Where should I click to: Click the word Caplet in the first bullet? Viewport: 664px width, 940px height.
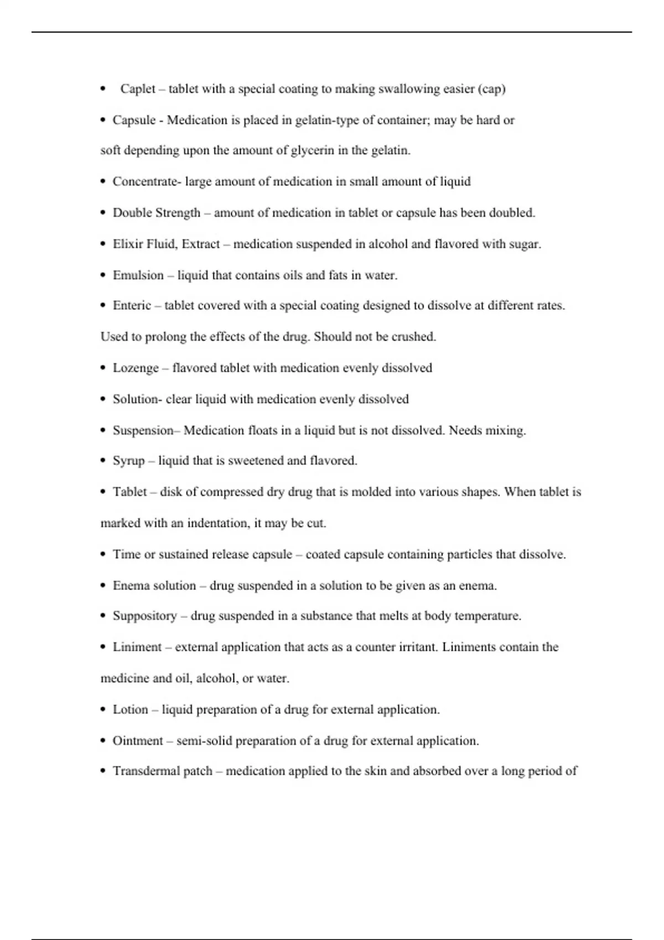(x=138, y=89)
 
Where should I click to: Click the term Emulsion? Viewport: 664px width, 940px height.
(x=138, y=275)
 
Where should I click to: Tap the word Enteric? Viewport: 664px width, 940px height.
(x=132, y=306)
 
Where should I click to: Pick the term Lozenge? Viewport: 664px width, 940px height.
(x=136, y=368)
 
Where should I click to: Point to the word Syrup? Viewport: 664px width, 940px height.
(x=128, y=461)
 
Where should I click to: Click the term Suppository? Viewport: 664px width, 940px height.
(x=144, y=616)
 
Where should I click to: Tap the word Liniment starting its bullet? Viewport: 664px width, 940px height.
(x=137, y=647)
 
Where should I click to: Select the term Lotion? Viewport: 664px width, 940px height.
(x=130, y=710)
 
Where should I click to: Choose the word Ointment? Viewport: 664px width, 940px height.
(x=138, y=741)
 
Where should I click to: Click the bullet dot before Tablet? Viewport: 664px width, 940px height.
(x=103, y=492)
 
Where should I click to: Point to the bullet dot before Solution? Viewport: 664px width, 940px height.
(x=103, y=400)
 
